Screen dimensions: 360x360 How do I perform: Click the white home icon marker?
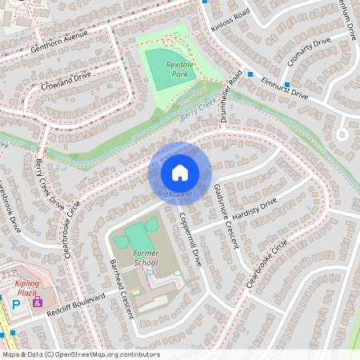click(x=179, y=172)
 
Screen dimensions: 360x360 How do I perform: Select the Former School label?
click(x=146, y=257)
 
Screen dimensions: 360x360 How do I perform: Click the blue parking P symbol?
click(x=14, y=304)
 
